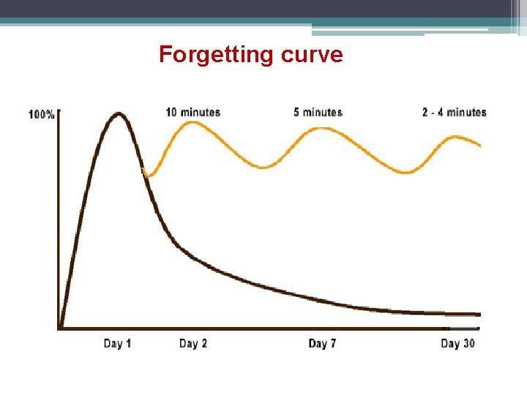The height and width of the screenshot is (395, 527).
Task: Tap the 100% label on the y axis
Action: coord(41,115)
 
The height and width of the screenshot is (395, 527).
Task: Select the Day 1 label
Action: coord(117,343)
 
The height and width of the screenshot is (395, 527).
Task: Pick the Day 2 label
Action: coord(193,343)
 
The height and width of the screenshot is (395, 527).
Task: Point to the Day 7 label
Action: coord(322,343)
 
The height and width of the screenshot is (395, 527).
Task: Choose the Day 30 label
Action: coord(458,343)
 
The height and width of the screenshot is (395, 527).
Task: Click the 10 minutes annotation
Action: coord(193,112)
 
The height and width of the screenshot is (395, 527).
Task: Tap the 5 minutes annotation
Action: coord(318,112)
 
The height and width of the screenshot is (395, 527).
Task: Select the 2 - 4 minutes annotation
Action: coord(454,112)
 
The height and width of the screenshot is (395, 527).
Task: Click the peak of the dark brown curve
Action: coord(119,113)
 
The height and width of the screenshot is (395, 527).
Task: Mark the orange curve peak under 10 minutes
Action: coord(192,122)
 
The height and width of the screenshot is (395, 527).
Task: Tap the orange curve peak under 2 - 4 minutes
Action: coord(455,136)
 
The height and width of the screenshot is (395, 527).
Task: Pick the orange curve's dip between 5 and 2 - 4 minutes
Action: coord(407,173)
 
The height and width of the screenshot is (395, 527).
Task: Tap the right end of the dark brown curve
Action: coord(479,314)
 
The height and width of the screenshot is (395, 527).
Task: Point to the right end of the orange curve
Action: coord(479,145)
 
